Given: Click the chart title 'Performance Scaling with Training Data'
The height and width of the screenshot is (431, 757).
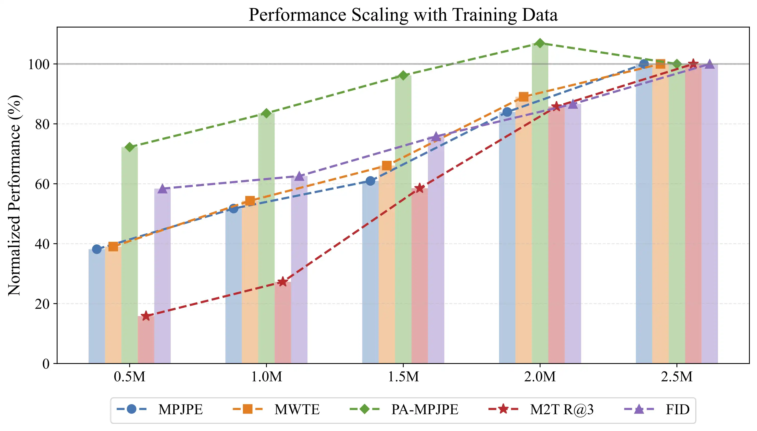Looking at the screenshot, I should [x=403, y=15].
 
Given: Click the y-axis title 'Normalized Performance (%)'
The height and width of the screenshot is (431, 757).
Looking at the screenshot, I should [x=14, y=195].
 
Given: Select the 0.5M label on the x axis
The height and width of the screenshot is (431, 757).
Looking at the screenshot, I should [x=130, y=377].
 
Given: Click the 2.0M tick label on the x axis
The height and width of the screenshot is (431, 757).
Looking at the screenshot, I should [x=540, y=377].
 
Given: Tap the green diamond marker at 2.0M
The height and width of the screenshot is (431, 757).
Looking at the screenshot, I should [x=540, y=43].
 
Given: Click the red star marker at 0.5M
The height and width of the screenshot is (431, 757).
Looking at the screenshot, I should [x=146, y=316].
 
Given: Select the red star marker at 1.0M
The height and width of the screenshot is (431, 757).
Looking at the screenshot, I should [x=283, y=282].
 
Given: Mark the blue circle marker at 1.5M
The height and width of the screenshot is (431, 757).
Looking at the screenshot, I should [x=370, y=181].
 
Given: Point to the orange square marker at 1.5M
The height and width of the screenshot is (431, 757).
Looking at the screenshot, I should [x=387, y=165].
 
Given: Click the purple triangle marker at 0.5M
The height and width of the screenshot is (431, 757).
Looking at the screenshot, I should [x=162, y=188].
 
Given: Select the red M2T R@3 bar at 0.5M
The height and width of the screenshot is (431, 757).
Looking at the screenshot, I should [x=146, y=340].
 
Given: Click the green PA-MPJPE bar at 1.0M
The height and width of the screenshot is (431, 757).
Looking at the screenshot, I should [x=266, y=237].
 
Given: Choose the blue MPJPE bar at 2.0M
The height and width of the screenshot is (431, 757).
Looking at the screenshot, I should [x=507, y=237].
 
